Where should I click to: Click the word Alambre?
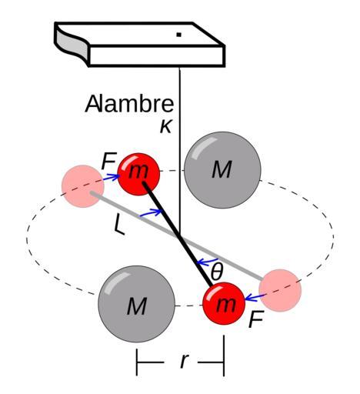[129, 104]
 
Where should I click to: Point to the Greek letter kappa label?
[166, 126]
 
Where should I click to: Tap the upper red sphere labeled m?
[138, 174]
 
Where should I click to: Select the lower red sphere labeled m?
[224, 303]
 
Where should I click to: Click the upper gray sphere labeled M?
[222, 170]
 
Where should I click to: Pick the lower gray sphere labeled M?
[137, 304]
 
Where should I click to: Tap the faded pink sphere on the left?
[83, 186]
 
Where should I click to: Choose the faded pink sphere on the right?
[280, 290]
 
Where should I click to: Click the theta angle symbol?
[217, 272]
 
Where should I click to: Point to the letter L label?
[119, 225]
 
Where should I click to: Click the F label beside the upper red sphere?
[109, 162]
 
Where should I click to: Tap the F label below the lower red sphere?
[255, 319]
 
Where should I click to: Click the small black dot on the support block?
[179, 35]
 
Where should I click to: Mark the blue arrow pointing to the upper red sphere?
[112, 177]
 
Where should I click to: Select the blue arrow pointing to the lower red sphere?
[254, 297]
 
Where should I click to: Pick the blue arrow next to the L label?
[151, 213]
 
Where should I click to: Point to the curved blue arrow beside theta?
[207, 262]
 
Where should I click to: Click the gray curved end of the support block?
[72, 43]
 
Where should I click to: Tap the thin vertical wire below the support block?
[179, 152]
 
